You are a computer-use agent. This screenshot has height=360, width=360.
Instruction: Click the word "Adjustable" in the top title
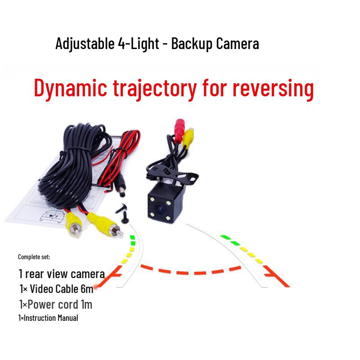click(83, 44)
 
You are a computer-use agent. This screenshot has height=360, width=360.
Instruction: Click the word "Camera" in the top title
click(238, 44)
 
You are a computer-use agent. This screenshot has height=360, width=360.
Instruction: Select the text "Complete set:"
click(34, 257)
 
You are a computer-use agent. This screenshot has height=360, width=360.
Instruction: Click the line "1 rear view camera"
click(62, 274)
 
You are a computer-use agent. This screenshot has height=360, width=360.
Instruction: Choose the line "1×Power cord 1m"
click(55, 305)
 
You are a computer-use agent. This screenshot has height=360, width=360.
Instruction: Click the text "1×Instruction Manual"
click(48, 318)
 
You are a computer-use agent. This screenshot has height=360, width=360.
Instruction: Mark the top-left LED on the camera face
click(154, 198)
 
